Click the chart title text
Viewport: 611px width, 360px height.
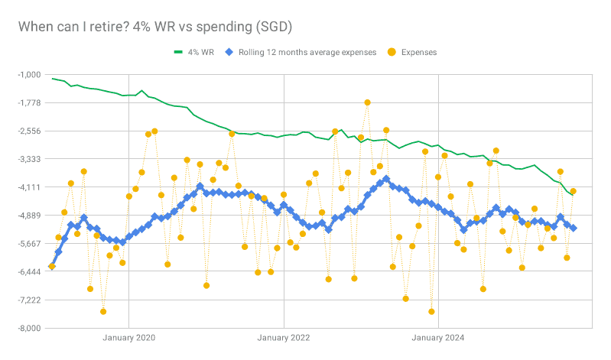(x=155, y=27)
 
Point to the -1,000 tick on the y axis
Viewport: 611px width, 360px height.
(x=28, y=74)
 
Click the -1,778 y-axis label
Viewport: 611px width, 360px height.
(x=28, y=102)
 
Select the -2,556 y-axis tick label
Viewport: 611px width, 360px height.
(x=28, y=131)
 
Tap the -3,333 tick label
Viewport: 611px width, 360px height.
(x=28, y=159)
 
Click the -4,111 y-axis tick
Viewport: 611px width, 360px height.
(x=28, y=187)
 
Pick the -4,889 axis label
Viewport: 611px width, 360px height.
(x=28, y=216)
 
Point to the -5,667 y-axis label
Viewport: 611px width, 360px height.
(x=28, y=244)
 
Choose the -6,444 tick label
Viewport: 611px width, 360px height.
(x=28, y=272)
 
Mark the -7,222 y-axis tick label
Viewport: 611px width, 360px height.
(x=28, y=300)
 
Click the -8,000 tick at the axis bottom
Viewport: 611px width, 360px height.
(x=28, y=328)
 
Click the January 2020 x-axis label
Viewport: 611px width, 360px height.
(x=128, y=337)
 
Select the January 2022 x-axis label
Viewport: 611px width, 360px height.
(x=284, y=337)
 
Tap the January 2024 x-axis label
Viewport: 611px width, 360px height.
(x=438, y=337)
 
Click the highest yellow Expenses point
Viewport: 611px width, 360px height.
(x=367, y=102)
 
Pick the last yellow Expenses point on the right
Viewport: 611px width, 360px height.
(x=574, y=191)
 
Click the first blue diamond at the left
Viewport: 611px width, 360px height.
(x=52, y=266)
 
